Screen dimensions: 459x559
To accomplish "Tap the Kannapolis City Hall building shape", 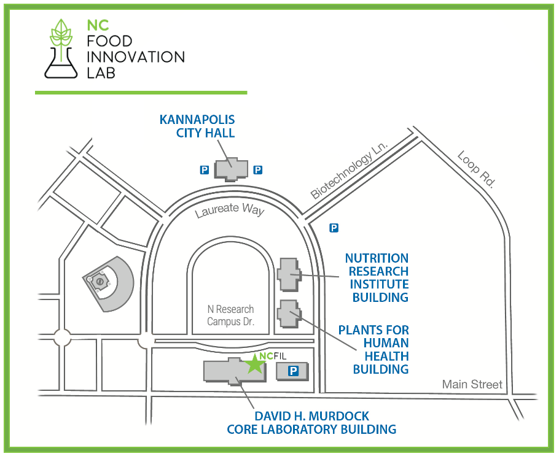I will pos(231,168).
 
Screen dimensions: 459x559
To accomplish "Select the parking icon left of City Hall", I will pos(203,169).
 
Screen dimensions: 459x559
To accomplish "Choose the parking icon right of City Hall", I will pos(258,169).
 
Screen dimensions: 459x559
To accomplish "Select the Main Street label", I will pos(472,385).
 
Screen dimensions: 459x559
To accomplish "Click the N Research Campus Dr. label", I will pos(230,315).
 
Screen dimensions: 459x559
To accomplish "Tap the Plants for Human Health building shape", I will pos(288,313).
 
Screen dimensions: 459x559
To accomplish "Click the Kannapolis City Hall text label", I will pos(197,126).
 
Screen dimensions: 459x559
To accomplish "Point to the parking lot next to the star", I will pos(292,371).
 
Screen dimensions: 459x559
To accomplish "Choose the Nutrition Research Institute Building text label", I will pos(376,278).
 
